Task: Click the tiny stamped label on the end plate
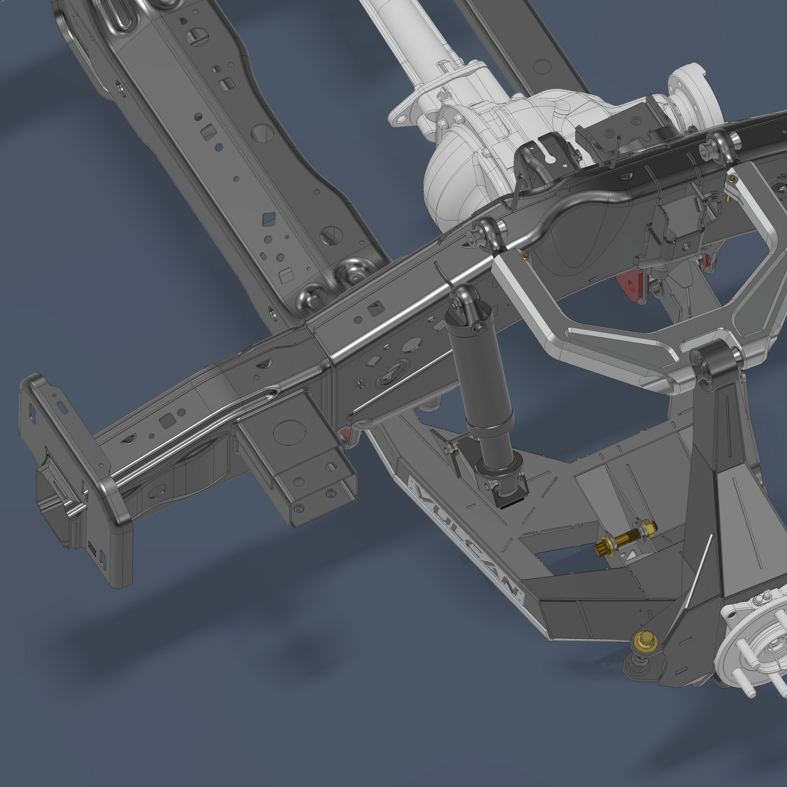[x=92, y=547]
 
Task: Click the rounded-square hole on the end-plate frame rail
[x=167, y=420]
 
